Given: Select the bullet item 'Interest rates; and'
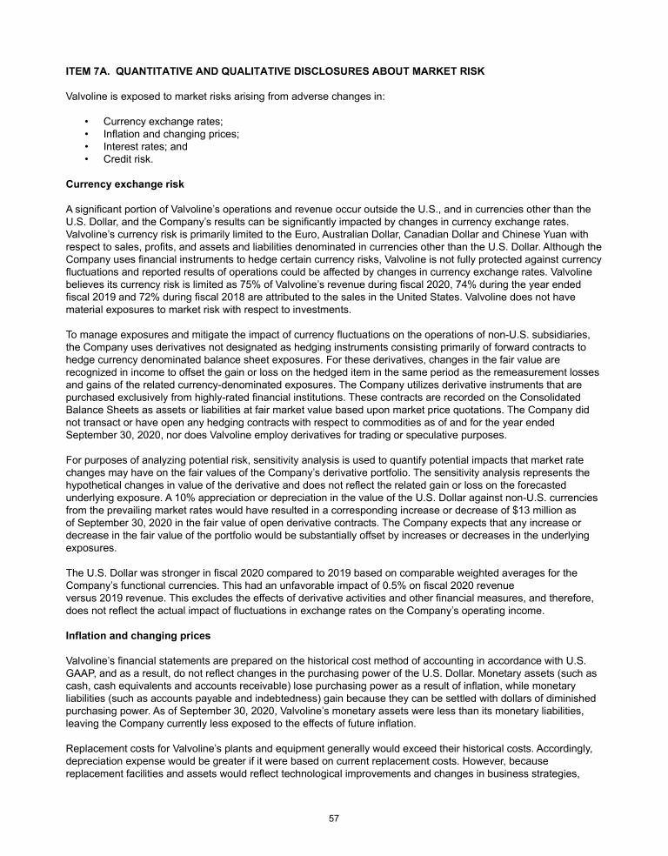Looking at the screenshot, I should point(145,147).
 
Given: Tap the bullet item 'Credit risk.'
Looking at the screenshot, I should point(129,159).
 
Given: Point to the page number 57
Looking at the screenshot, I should point(334,816).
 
